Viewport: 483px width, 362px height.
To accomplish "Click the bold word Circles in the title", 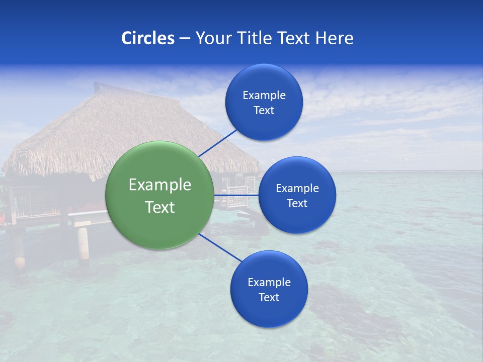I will (x=147, y=38).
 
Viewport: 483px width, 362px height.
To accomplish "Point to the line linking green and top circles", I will (x=218, y=142).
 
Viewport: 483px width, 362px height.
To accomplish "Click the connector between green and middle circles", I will (x=236, y=195).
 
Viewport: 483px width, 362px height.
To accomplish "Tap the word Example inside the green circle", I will (x=159, y=185).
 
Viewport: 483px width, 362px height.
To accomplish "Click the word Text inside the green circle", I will (x=159, y=207).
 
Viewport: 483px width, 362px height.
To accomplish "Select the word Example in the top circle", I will (x=264, y=95).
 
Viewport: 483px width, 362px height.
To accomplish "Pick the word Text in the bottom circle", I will (x=269, y=297).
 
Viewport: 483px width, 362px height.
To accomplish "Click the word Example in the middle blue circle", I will (x=297, y=189).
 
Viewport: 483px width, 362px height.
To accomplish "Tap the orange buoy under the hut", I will (x=20, y=262).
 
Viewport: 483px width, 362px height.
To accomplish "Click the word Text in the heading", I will (x=293, y=38).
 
